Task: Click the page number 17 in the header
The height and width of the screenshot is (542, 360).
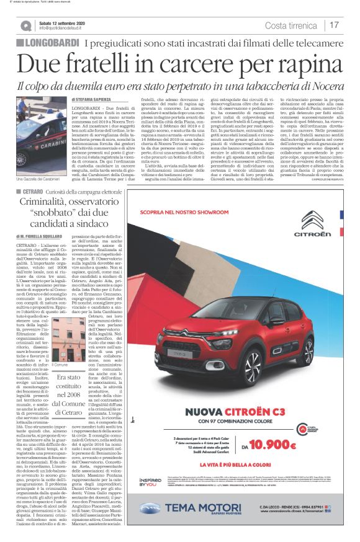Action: tap(335, 25)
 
